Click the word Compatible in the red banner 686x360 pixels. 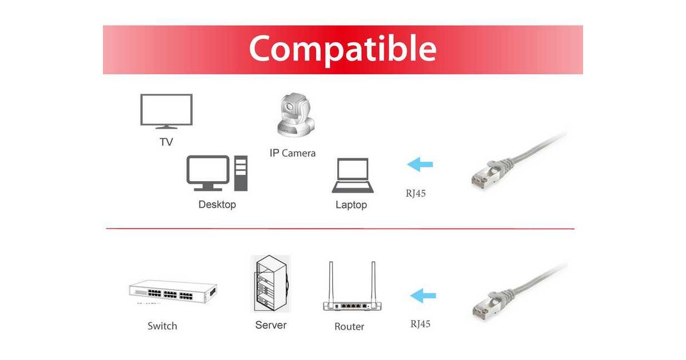click(342, 50)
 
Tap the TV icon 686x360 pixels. click(166, 111)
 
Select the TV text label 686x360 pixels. click(166, 142)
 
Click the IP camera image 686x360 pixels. click(296, 115)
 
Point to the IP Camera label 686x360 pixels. click(293, 153)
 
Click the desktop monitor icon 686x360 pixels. click(208, 173)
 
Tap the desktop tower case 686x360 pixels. click(241, 173)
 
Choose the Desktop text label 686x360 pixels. click(217, 204)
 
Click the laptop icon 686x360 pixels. click(353, 175)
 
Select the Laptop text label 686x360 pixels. click(351, 205)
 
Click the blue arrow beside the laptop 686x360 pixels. click(420, 165)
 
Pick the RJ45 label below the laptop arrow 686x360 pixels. click(416, 194)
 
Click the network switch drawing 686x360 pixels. click(173, 291)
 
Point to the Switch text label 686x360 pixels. click(162, 326)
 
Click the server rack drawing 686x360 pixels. click(271, 283)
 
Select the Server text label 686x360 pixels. click(271, 325)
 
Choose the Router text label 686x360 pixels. click(349, 326)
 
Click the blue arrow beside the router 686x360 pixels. click(423, 296)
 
